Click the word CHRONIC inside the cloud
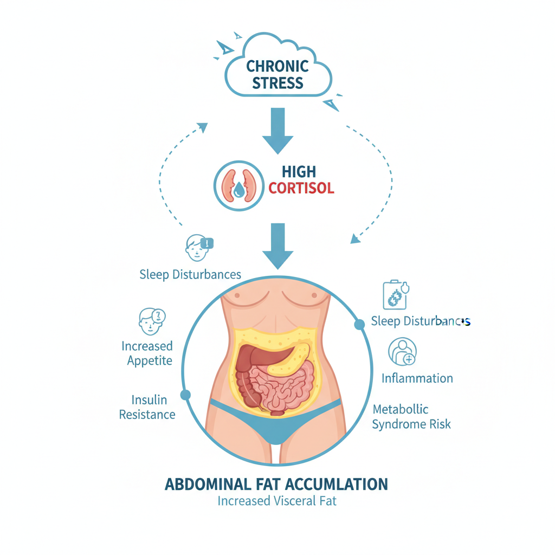[277, 67]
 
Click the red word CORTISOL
[301, 189]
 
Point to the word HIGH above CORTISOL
[299, 172]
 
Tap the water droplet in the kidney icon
[239, 190]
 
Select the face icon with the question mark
[151, 321]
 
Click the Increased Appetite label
[147, 353]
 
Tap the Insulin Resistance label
[147, 407]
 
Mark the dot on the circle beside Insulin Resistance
[185, 395]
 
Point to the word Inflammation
[417, 378]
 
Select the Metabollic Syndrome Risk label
[411, 416]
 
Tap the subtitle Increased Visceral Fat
[277, 501]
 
